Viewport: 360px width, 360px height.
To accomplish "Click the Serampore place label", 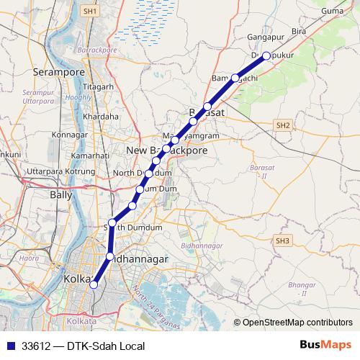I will (x=56, y=72).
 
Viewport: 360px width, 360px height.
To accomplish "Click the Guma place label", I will (x=333, y=32).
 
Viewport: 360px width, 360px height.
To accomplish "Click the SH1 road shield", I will (x=89, y=12).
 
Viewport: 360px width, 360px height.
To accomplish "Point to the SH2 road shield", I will (x=282, y=125).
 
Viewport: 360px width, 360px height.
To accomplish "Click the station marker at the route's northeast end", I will (x=266, y=55).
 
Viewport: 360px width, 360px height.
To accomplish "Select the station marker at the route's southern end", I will (x=93, y=284).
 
